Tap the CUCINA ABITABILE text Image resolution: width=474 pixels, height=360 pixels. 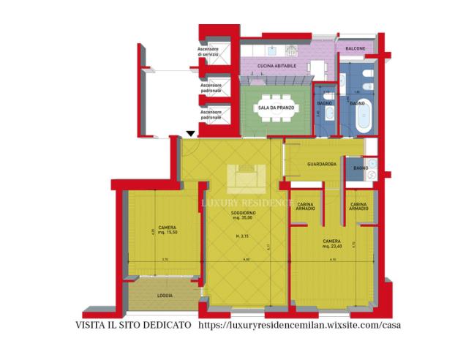[x=276, y=66]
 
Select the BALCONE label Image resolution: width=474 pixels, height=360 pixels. [x=355, y=48]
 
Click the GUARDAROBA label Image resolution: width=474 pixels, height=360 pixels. [x=322, y=165]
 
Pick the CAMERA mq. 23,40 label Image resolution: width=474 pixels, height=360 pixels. [x=332, y=244]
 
